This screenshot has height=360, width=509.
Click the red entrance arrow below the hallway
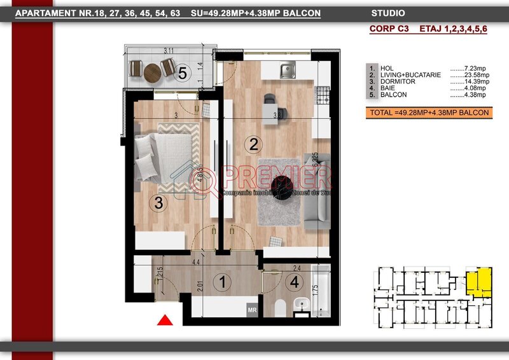[165, 321]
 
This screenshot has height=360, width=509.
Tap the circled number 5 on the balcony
[183, 73]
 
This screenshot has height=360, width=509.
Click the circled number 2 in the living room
[253, 144]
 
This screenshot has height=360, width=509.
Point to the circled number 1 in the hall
[223, 280]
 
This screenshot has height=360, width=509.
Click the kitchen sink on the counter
[288, 72]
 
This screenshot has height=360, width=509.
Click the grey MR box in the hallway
[251, 310]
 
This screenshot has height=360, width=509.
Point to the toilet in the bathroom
[278, 309]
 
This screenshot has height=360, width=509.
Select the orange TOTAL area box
[428, 113]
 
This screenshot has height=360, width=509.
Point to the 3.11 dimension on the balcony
[169, 51]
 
